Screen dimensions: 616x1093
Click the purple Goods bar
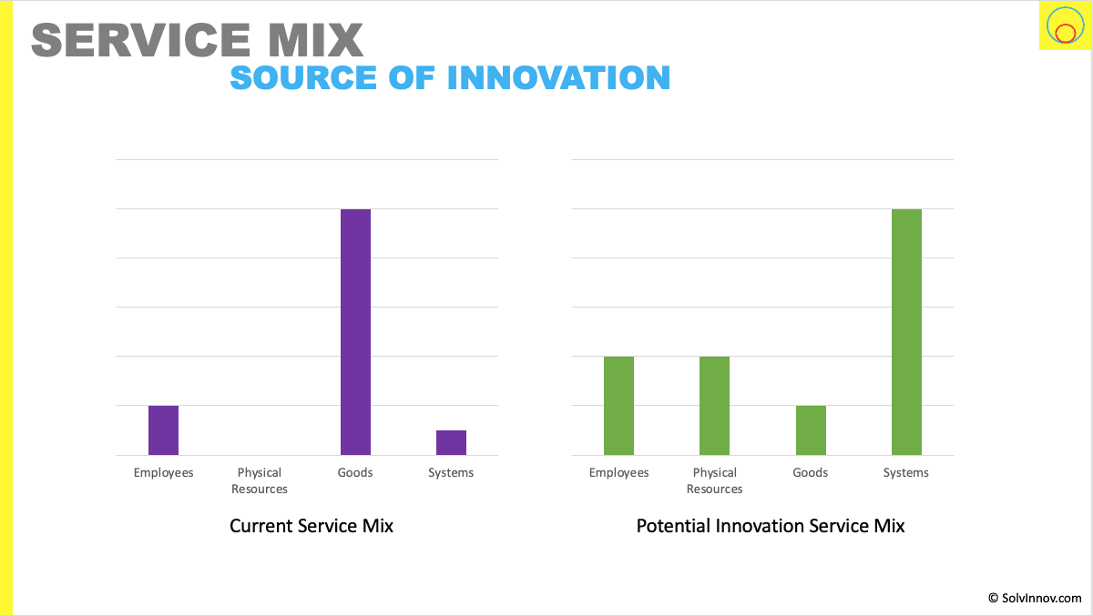(x=355, y=331)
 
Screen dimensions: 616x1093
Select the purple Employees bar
(x=163, y=429)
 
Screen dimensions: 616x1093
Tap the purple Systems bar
(x=451, y=442)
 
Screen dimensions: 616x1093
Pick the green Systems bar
(x=906, y=331)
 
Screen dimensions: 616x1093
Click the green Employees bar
(x=618, y=405)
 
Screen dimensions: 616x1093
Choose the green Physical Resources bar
(x=714, y=405)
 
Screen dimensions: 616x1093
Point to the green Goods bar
(x=811, y=429)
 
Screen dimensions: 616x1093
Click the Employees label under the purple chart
(x=163, y=472)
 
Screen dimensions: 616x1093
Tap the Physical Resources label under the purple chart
(x=260, y=480)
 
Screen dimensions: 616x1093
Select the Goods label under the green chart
(x=811, y=472)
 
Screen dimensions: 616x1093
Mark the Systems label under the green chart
(x=906, y=472)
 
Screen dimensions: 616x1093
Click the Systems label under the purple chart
(x=451, y=472)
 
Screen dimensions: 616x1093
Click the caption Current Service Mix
(x=312, y=526)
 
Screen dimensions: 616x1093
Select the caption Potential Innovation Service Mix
(x=771, y=526)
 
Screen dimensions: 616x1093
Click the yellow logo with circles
(x=1064, y=26)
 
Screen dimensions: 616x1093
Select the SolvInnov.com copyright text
(x=1035, y=598)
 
